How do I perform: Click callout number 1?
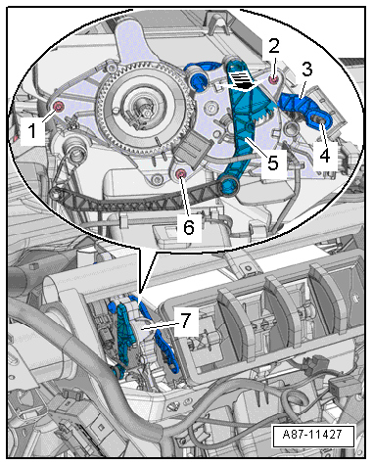coord(32,131)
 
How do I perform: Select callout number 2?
coord(274,46)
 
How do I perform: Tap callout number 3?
coord(306,70)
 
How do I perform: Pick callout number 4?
coord(325,155)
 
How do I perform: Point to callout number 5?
coord(273,163)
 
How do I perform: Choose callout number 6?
coord(189,227)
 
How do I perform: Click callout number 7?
coord(186,321)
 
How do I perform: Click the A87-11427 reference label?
coord(313,435)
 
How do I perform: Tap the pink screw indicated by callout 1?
coord(59,107)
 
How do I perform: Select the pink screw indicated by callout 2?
coord(274,78)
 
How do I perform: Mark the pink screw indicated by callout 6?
coord(180,174)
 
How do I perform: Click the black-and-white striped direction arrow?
coord(242,81)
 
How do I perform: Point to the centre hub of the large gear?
coord(144,110)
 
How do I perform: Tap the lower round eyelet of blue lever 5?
coord(229,186)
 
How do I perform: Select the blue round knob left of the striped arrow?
coord(198,79)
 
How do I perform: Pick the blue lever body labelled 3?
coord(297,103)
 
